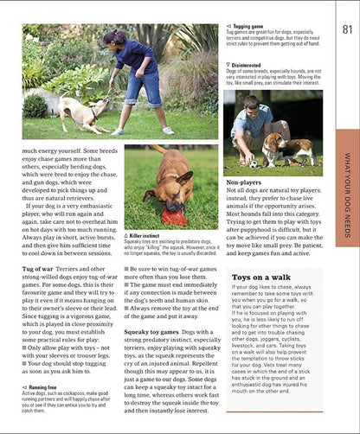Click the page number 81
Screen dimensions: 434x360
(348, 30)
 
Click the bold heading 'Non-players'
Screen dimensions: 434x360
(244, 183)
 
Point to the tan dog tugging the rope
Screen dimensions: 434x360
(76, 112)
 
